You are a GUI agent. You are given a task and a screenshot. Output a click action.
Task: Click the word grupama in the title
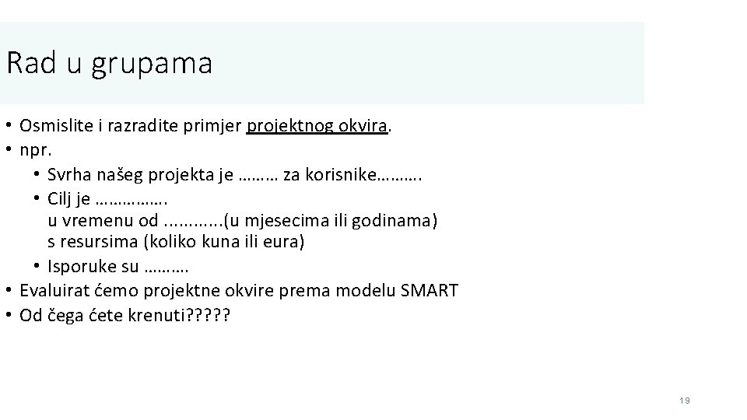tap(152, 65)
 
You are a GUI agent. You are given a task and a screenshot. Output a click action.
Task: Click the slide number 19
tap(684, 401)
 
